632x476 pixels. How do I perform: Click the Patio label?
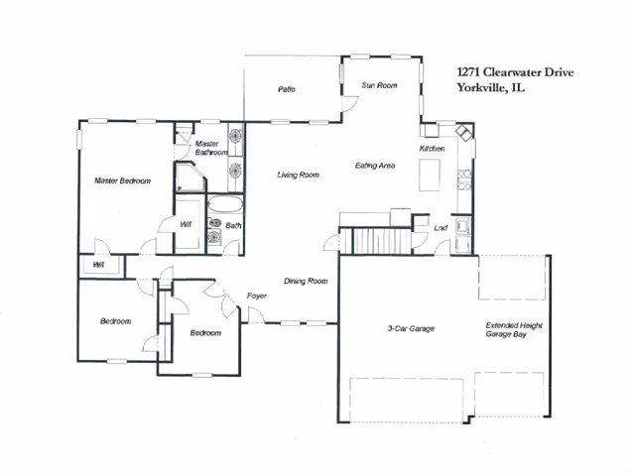pos(287,89)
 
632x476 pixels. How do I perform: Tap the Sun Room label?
pos(379,85)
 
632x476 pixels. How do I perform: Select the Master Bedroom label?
pos(123,180)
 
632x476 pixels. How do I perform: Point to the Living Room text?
pos(299,175)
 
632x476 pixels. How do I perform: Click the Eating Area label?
pos(375,166)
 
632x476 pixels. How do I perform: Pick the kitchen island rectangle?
pos(430,175)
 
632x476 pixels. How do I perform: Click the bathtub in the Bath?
pos(225,204)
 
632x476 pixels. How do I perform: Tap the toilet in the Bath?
pos(215,223)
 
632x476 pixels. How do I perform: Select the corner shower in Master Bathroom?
pos(190,178)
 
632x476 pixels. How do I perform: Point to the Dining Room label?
pos(306,281)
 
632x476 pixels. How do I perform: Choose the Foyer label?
pos(257,296)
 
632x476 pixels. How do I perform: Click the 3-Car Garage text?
pos(411,328)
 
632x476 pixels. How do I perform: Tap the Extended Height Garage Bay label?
pos(514,329)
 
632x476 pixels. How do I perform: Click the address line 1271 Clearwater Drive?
pos(515,72)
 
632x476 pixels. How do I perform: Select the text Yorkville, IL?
pos(491,87)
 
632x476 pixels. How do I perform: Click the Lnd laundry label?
pos(441,228)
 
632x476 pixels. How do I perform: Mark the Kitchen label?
pos(433,149)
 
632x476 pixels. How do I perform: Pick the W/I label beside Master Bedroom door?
pos(186,225)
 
